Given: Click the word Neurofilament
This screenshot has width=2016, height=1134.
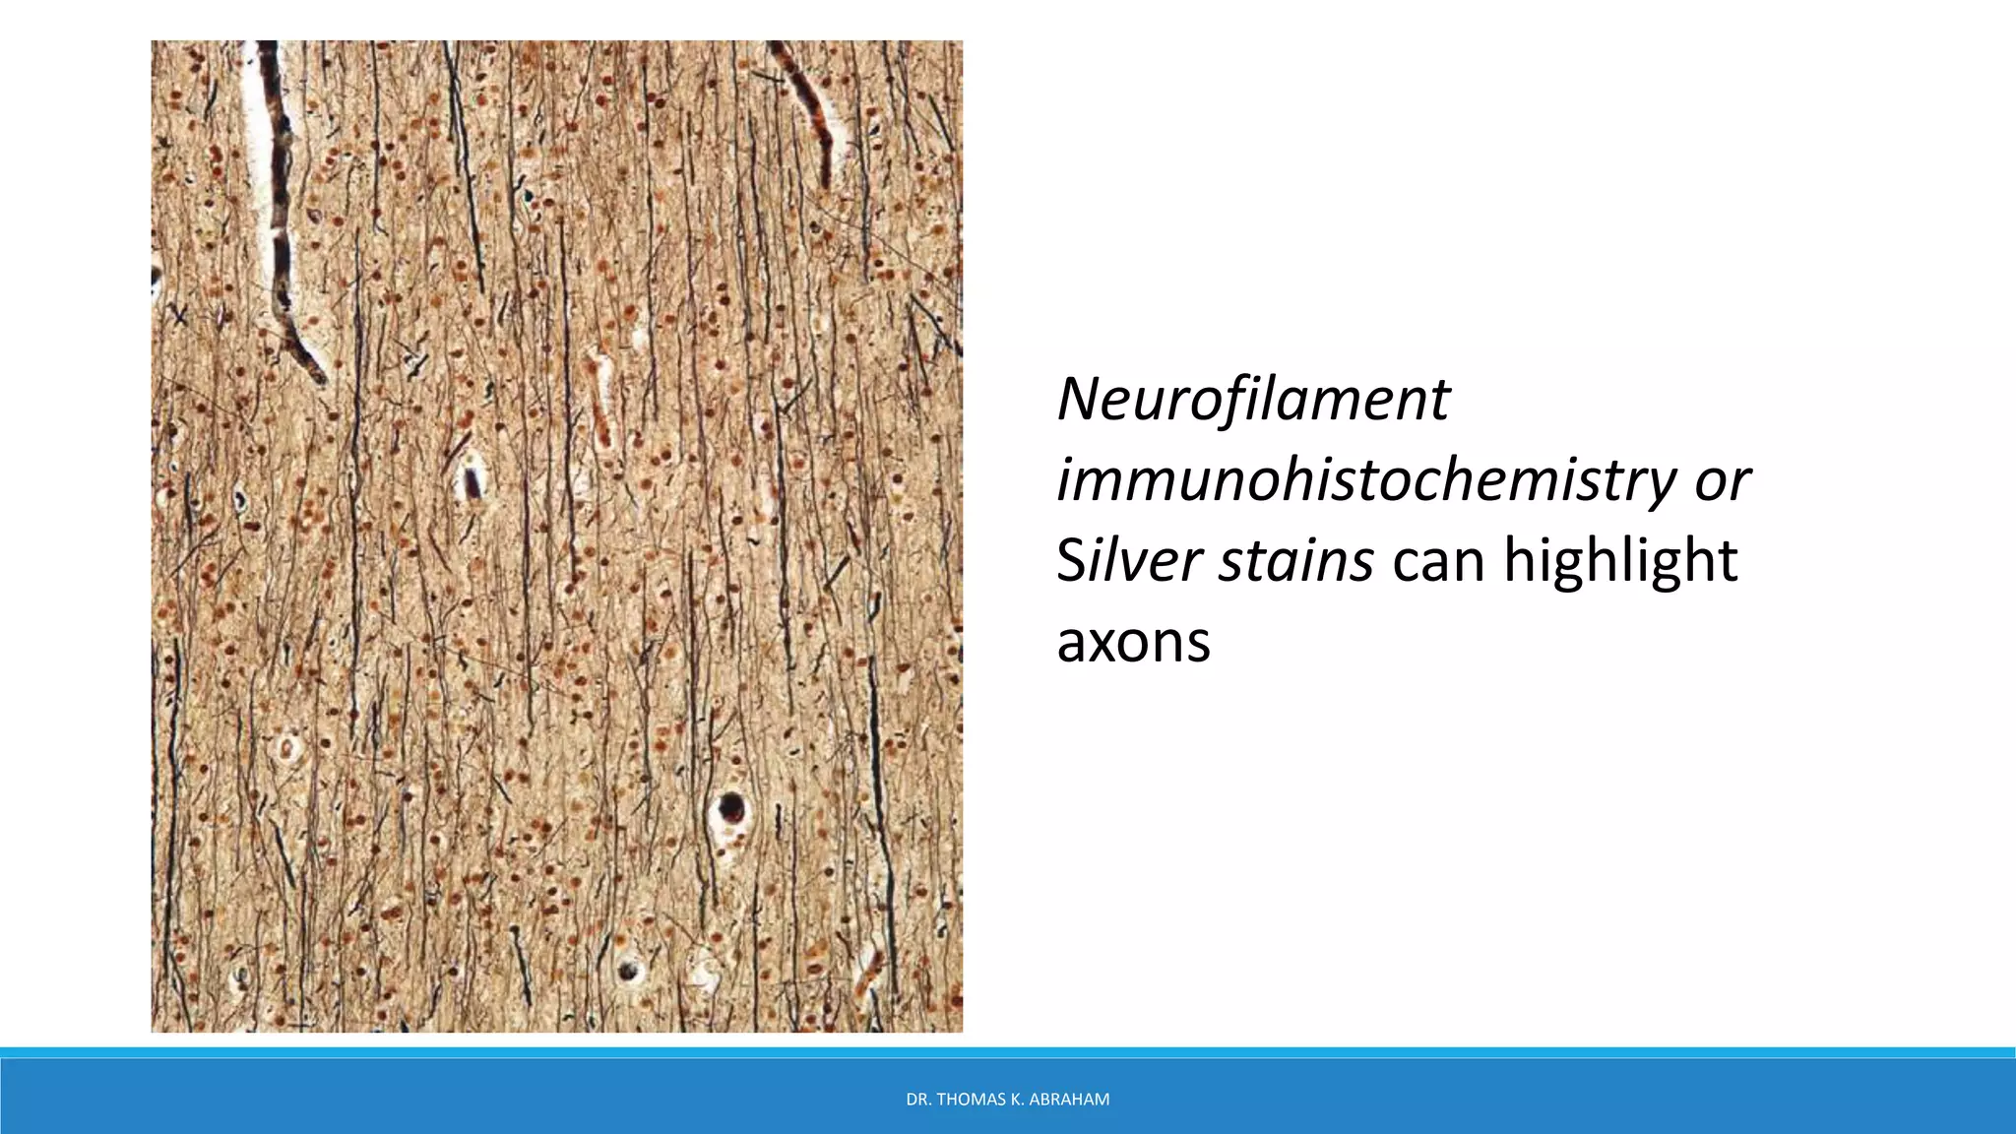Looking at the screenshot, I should (x=1252, y=400).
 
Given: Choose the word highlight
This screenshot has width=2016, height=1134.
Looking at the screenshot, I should (x=1620, y=561).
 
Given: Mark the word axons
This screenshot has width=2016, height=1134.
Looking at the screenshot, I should (x=1133, y=642).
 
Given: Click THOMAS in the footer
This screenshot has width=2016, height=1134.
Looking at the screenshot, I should (x=970, y=1100).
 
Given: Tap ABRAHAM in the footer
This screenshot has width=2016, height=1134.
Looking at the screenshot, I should (x=1071, y=1100).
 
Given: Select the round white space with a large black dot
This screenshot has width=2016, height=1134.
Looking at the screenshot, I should (x=730, y=810).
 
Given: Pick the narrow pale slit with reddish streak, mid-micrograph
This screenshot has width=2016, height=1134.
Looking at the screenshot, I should (x=599, y=399).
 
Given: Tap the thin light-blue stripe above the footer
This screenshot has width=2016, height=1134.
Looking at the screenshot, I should (x=1008, y=1052).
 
